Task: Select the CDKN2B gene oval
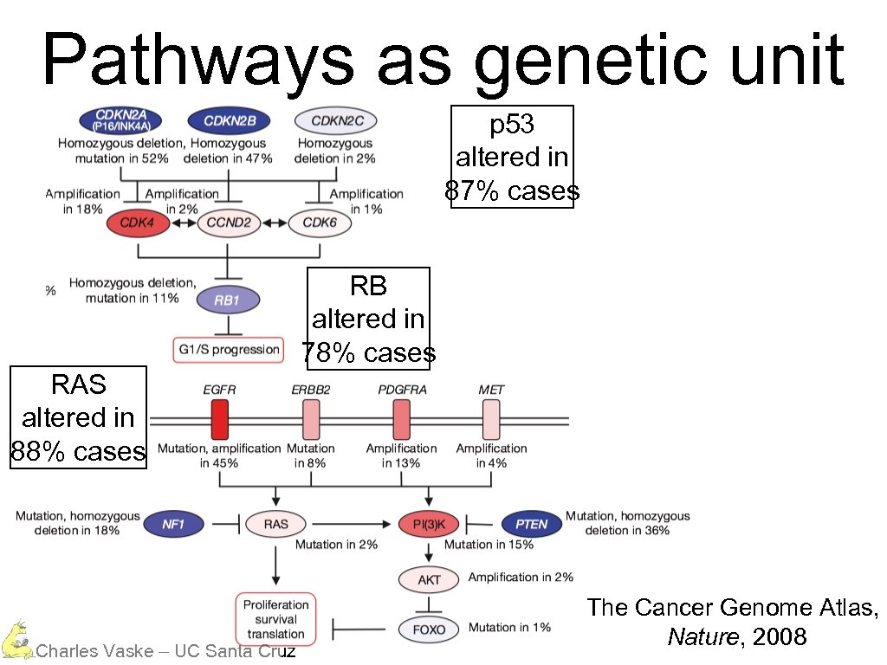230,120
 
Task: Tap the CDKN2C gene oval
336,120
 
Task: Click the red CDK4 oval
137,223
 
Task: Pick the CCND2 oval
230,223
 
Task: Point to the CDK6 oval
320,223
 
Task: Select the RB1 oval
227,300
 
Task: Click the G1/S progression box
229,350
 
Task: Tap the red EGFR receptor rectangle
220,419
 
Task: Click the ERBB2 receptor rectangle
311,419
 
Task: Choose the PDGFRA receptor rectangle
402,419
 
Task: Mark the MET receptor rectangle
491,419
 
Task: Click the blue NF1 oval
173,524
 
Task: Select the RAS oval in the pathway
276,524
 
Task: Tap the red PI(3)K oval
429,524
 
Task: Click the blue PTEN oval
531,524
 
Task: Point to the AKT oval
429,579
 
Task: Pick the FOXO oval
429,629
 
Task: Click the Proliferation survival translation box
276,619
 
